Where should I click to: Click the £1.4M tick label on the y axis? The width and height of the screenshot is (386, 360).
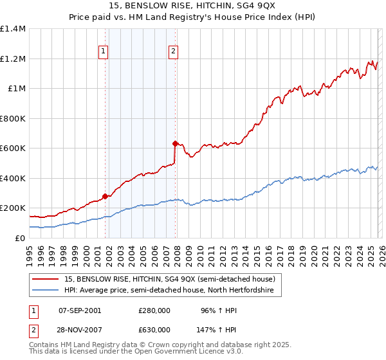13,29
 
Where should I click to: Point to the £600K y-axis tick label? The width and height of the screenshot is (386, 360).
13,148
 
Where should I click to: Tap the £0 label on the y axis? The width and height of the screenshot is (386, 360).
19,238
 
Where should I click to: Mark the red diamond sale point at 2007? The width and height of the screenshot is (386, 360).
174,144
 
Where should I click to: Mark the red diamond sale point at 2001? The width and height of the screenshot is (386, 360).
105,196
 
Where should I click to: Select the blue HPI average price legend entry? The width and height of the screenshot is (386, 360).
169,291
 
